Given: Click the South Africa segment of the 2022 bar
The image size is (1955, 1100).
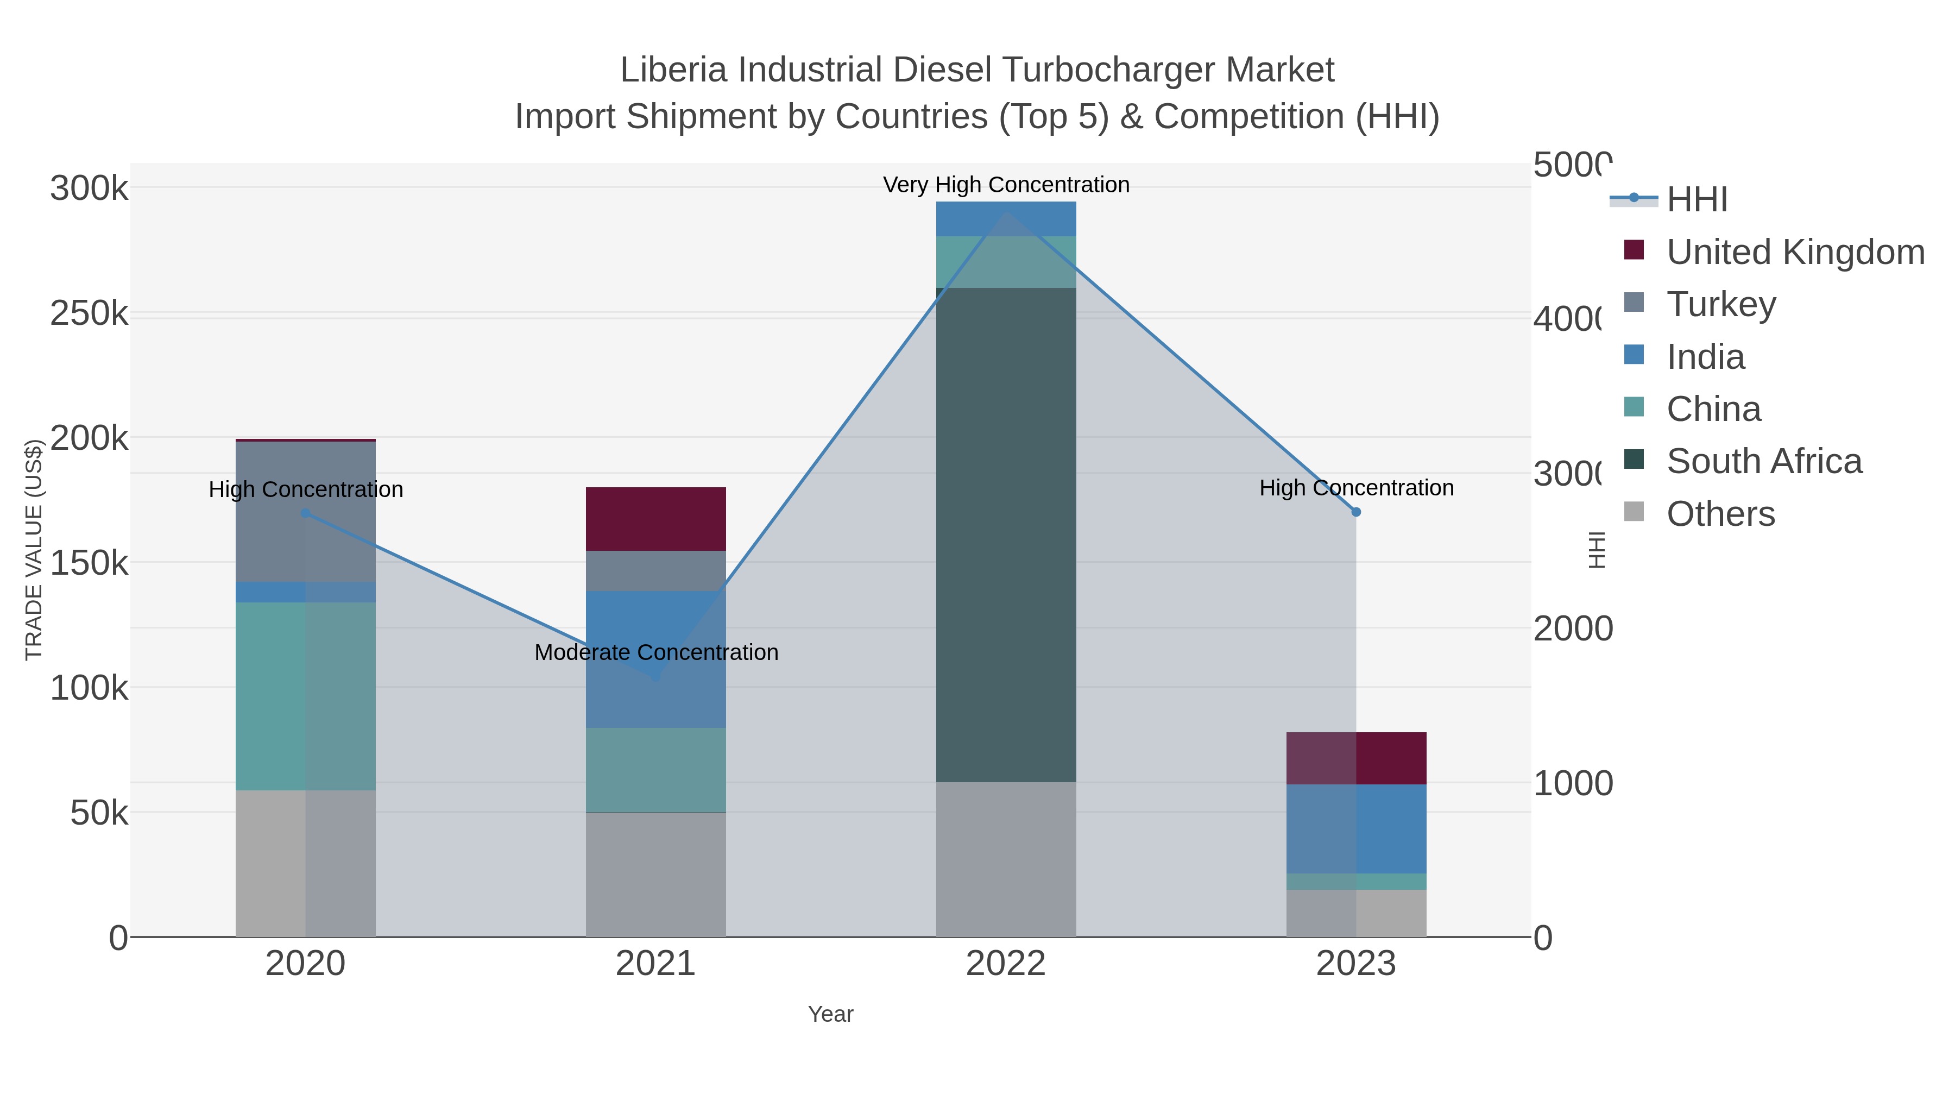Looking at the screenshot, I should pyautogui.click(x=1006, y=535).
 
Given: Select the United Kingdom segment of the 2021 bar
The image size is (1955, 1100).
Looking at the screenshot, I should pyautogui.click(x=655, y=519).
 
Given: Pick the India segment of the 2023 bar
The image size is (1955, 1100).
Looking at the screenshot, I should pyautogui.click(x=1355, y=828).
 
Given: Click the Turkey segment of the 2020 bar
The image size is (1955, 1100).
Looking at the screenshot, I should pyautogui.click(x=305, y=511).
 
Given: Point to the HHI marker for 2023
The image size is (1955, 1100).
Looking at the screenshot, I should pyautogui.click(x=1356, y=512).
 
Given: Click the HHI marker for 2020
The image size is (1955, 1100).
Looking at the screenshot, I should pyautogui.click(x=305, y=513).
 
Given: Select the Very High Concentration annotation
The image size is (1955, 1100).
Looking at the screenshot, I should pyautogui.click(x=1006, y=185).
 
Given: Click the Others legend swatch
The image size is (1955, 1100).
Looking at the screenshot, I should pyautogui.click(x=1634, y=512).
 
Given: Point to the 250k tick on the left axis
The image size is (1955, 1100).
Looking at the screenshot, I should pyautogui.click(x=90, y=313).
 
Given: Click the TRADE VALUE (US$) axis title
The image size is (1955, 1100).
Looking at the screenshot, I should pyautogui.click(x=34, y=550).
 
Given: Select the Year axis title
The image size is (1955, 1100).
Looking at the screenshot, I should pyautogui.click(x=830, y=1014).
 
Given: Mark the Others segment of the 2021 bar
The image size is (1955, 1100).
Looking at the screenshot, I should pyautogui.click(x=655, y=874).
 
